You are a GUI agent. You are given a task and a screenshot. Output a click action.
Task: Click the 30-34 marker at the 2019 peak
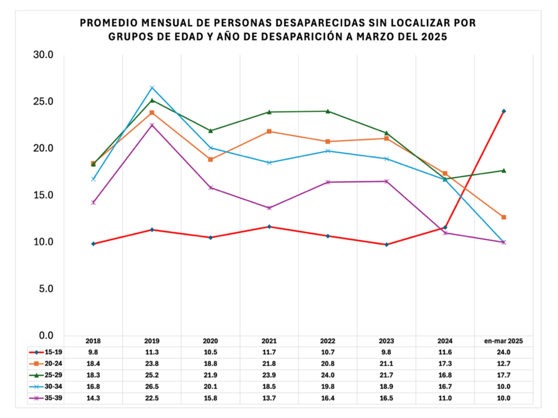152,88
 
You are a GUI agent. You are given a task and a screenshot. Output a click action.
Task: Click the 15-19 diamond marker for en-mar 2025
504,111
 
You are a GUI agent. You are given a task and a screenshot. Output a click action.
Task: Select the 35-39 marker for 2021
269,208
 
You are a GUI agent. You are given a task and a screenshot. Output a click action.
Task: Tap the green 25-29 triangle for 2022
328,111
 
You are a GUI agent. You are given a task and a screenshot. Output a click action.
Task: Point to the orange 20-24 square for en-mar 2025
504,217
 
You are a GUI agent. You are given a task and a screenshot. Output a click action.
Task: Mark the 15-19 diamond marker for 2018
93,244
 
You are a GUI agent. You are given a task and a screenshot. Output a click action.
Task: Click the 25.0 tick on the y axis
43,102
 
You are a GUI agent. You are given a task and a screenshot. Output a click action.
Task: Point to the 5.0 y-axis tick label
46,289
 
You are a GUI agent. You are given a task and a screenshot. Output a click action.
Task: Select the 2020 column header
210,341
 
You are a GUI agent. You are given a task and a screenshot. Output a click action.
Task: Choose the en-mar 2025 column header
503,341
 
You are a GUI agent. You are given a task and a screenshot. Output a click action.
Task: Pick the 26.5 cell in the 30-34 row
152,387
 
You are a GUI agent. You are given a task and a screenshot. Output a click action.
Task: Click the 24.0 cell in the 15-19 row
503,352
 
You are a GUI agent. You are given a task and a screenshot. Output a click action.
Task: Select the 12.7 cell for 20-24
503,364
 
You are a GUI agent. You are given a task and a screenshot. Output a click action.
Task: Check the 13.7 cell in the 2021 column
269,398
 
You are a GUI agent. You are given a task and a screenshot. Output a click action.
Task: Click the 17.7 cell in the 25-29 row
503,375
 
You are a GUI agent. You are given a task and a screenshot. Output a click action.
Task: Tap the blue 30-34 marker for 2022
328,151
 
